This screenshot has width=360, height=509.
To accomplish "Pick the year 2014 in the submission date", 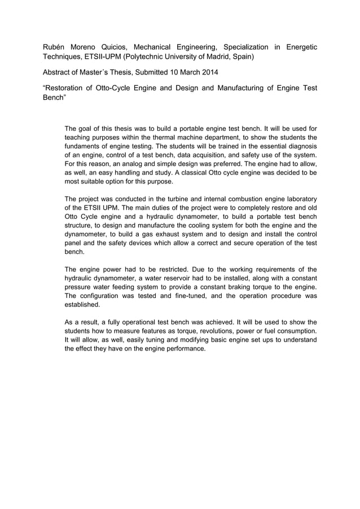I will pos(207,73).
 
